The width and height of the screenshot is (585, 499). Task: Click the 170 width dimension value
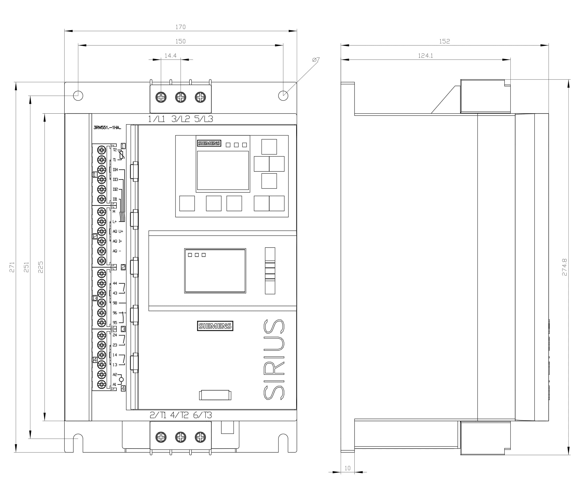click(180, 27)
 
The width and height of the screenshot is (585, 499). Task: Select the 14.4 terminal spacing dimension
click(171, 56)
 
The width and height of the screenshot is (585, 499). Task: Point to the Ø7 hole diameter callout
click(316, 60)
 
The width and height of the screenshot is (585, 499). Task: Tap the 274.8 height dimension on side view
click(564, 267)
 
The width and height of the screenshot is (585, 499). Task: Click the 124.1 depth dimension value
click(425, 56)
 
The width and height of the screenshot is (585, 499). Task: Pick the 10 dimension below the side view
click(347, 468)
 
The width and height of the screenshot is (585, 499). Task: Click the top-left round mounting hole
click(78, 96)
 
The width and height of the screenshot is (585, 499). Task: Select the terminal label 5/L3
click(204, 119)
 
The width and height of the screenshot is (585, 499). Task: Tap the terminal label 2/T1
click(158, 415)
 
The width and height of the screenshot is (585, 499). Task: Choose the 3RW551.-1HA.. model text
click(107, 127)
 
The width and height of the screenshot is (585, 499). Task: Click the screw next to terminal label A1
click(101, 384)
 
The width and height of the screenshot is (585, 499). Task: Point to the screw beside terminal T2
click(101, 150)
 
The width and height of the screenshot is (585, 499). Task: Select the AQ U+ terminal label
click(118, 231)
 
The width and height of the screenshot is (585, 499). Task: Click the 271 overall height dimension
click(12, 267)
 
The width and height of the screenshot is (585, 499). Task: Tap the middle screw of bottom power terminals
click(180, 437)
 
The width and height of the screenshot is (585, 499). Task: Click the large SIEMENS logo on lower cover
click(215, 326)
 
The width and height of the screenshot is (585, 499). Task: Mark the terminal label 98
click(115, 303)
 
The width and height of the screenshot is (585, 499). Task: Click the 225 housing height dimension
click(41, 267)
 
